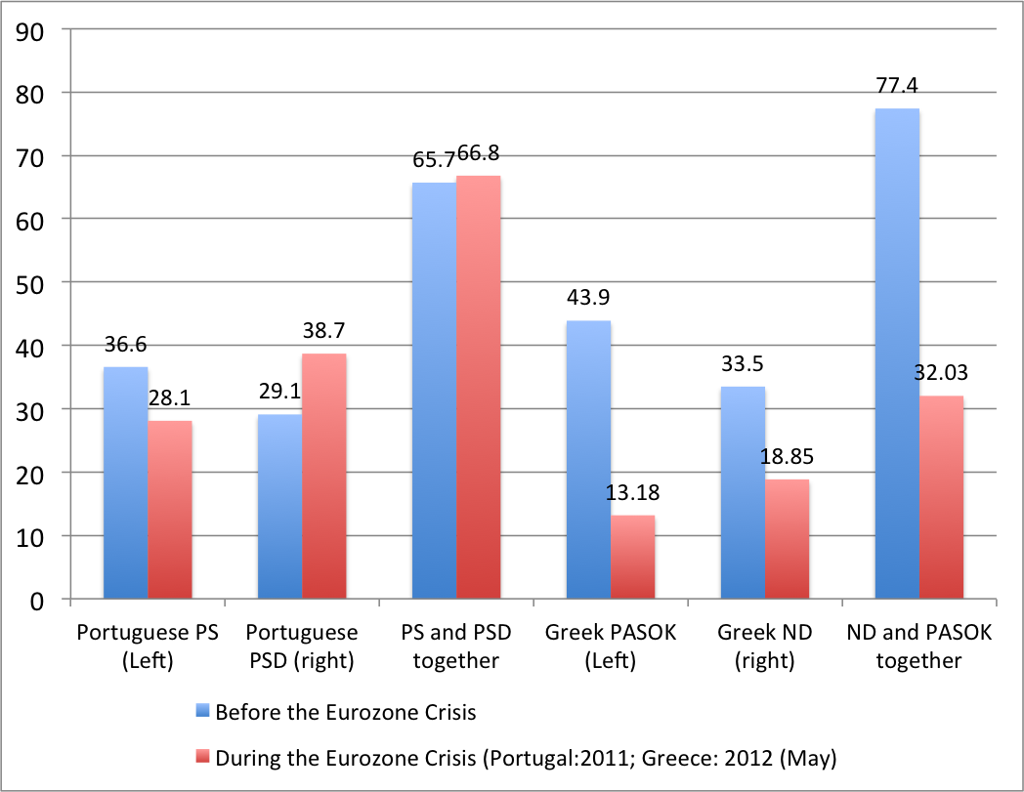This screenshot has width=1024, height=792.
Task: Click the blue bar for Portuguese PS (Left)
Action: tap(126, 482)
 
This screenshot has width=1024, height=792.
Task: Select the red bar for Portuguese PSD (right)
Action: tap(324, 476)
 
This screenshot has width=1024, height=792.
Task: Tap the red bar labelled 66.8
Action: tap(478, 387)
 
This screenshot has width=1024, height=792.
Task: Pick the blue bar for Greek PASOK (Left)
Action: tap(588, 459)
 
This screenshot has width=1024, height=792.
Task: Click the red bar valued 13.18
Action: tap(632, 557)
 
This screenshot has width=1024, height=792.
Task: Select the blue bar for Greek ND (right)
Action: tap(743, 492)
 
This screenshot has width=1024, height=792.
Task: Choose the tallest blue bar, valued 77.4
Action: tap(897, 353)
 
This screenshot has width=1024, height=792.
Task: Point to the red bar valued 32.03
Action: tap(941, 497)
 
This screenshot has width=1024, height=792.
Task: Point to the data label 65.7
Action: tap(434, 160)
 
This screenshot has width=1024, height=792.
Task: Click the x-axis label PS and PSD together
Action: tap(455, 646)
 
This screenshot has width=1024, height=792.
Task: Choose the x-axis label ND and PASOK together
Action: tap(918, 646)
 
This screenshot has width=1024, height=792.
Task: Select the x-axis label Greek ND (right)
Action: tap(764, 646)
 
